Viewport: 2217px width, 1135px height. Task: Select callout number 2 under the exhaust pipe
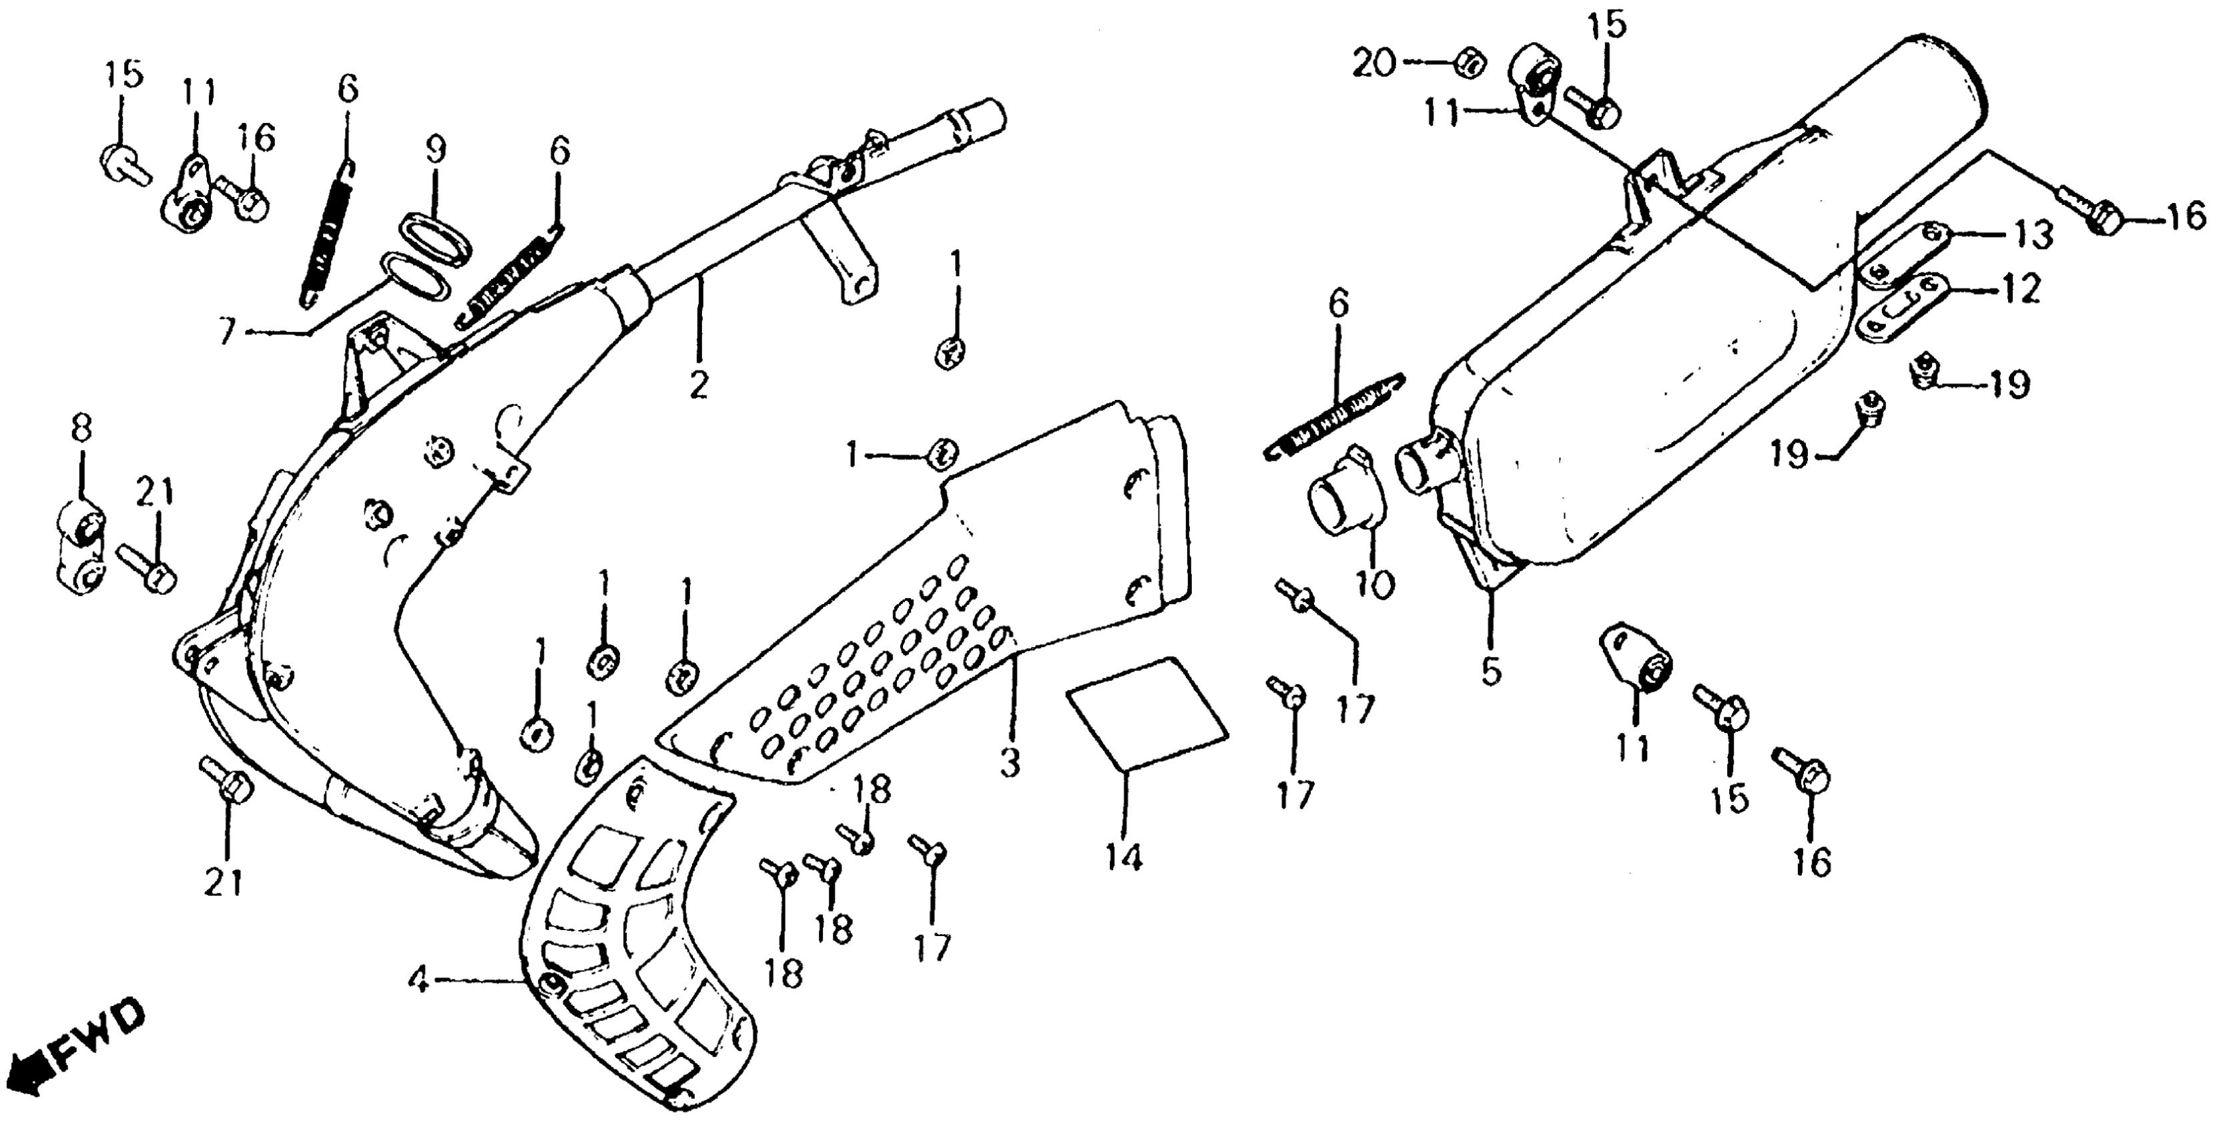[699, 383]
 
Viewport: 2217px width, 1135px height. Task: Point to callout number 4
[418, 981]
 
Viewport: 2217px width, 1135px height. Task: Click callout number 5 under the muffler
[1491, 669]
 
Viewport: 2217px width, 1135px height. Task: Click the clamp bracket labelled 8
[83, 549]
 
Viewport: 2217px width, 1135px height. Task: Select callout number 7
[226, 332]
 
